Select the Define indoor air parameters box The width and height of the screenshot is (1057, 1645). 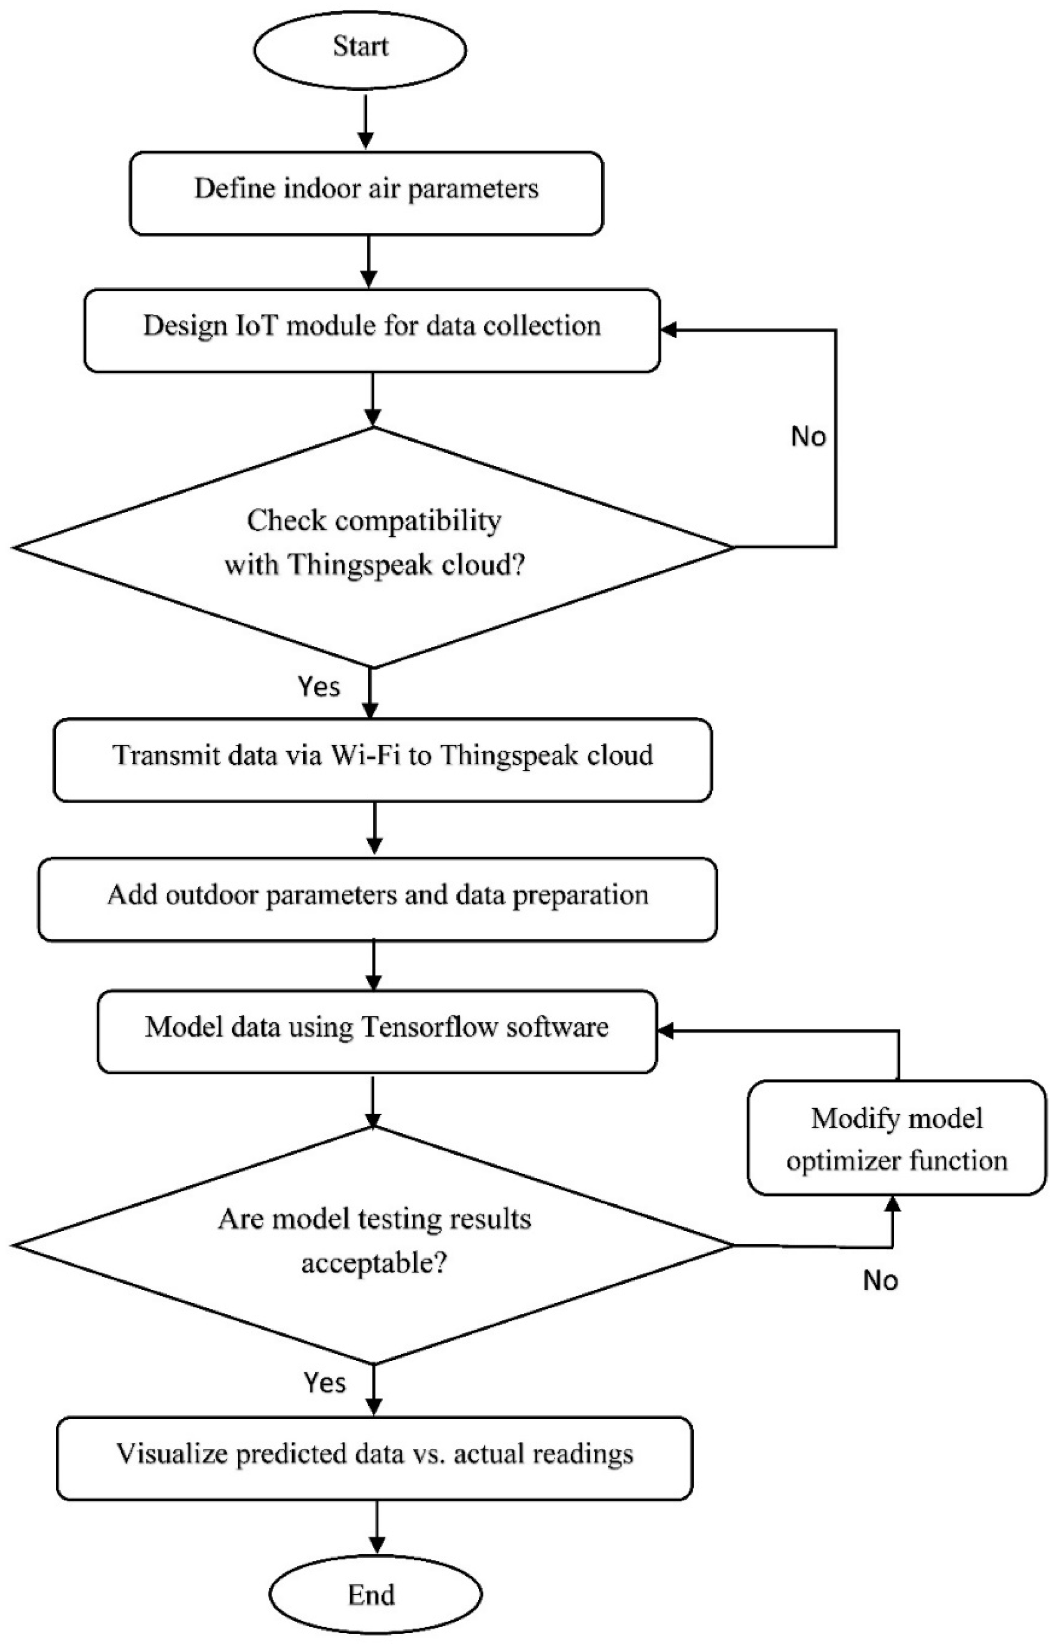[x=366, y=193]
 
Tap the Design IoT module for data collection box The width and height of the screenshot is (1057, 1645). [x=372, y=330]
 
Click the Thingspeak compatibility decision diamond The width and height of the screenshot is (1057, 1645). [x=373, y=546]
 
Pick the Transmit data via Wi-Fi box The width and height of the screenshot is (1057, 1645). [x=382, y=760]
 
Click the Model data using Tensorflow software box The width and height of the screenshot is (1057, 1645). [x=377, y=1031]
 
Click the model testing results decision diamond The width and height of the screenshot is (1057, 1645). [x=374, y=1245]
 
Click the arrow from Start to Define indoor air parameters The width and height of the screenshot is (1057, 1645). [x=366, y=121]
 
